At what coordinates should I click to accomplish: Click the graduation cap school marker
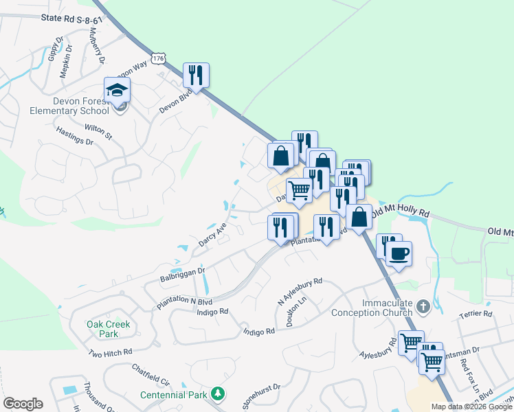tap(117, 90)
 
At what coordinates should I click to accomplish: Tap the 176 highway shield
tap(159, 59)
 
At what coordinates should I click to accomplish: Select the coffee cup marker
tap(399, 254)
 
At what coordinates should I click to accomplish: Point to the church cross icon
tap(424, 306)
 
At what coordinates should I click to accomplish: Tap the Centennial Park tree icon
tap(218, 393)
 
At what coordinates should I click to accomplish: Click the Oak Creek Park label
tap(108, 329)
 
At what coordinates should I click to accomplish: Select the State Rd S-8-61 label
tap(71, 21)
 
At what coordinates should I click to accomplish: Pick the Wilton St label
tap(98, 131)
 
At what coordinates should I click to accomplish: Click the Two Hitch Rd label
tap(110, 352)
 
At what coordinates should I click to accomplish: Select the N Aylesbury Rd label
tap(300, 292)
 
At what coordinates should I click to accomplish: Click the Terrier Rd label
tap(476, 314)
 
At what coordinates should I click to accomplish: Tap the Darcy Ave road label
tap(212, 233)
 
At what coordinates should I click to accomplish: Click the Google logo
tap(23, 404)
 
